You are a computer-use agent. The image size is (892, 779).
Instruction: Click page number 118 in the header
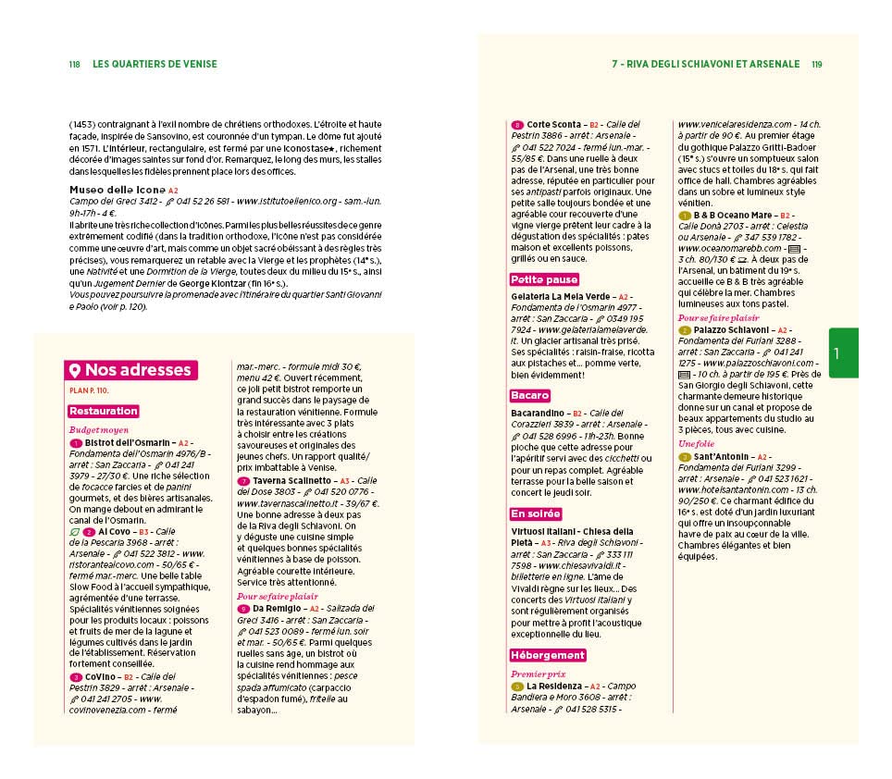[x=75, y=65]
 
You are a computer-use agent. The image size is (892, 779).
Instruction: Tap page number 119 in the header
[x=816, y=65]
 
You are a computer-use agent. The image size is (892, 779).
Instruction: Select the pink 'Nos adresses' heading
[x=130, y=370]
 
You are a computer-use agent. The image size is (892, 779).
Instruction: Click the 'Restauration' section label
[x=103, y=411]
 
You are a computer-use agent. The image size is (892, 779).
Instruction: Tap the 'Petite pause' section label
[x=544, y=279]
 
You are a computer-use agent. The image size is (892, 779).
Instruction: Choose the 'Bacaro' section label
[x=530, y=396]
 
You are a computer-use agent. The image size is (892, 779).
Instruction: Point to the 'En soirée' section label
[x=536, y=513]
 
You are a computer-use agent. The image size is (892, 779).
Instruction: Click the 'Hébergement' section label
[x=548, y=655]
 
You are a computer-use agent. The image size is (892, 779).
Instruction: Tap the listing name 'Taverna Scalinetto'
[x=290, y=481]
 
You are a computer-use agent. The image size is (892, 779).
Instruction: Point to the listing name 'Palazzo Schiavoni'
[x=732, y=329]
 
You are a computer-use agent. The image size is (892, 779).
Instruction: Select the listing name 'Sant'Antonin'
[x=721, y=456]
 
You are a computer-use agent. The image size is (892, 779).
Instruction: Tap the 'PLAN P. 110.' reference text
[x=89, y=390]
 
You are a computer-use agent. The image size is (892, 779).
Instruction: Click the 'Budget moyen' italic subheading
[x=96, y=430]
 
